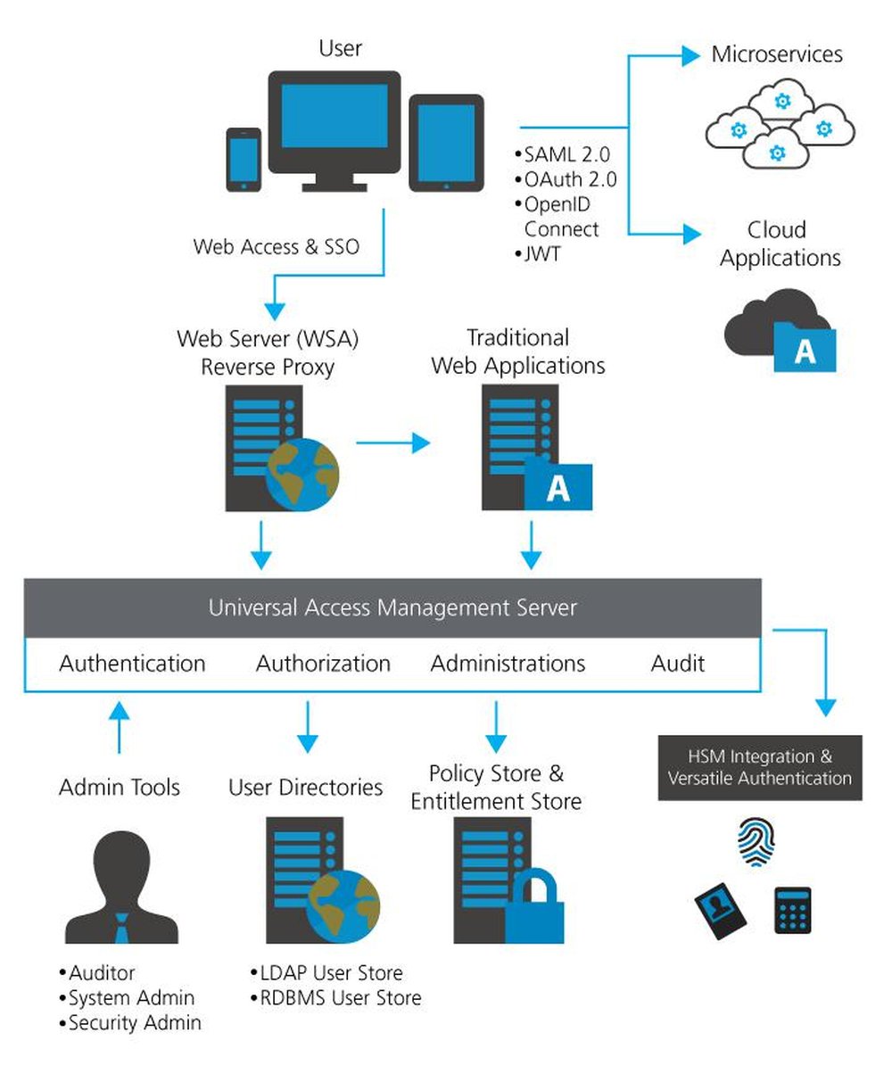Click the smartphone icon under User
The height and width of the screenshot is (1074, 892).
(x=244, y=160)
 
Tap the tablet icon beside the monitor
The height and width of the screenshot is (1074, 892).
(x=446, y=143)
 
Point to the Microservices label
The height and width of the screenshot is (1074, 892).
(x=776, y=54)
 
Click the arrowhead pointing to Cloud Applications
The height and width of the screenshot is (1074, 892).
(x=692, y=235)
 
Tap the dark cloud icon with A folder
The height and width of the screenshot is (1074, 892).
(x=781, y=330)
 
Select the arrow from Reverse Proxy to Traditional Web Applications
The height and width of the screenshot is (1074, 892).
(x=392, y=442)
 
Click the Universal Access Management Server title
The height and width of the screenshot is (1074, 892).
(x=392, y=608)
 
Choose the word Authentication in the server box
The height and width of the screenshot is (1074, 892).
(x=132, y=664)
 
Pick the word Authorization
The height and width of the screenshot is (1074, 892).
(x=323, y=664)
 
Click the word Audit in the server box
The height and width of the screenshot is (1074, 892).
(x=678, y=664)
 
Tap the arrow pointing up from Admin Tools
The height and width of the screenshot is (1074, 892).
(x=119, y=727)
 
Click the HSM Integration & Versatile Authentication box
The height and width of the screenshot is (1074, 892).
(x=760, y=768)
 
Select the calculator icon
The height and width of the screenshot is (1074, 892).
(x=793, y=909)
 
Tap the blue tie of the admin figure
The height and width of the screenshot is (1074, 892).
(x=122, y=933)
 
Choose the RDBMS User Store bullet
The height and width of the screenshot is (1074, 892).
(x=337, y=997)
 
